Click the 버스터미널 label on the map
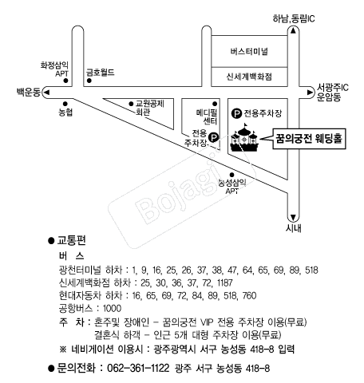pos(249,51)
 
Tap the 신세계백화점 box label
pos(249,77)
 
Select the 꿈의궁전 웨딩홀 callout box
pos(309,139)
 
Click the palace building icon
pos(244,138)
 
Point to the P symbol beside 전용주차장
pos(236,113)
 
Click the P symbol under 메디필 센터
pos(214,137)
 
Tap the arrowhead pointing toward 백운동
pos(47,93)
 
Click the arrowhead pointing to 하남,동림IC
pos(293,31)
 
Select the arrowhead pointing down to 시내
pos(293,218)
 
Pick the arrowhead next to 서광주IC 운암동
pos(310,93)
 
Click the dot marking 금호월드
pos(89,81)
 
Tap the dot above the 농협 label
pos(65,104)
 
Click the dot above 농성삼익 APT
pos(231,175)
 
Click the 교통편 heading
pos(72,241)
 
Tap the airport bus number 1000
pos(112,309)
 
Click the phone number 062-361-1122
pos(138,369)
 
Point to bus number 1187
pos(225,283)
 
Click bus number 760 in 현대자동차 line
pos(249,296)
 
